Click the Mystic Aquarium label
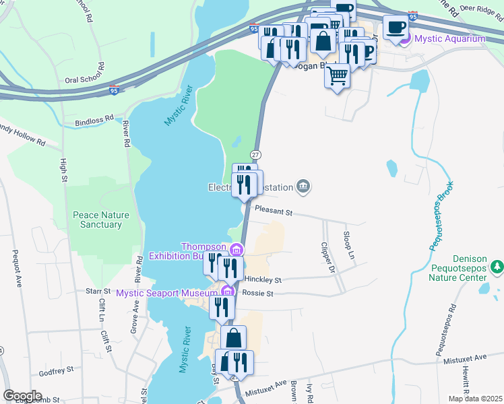click(449, 38)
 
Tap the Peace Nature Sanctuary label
click(100, 220)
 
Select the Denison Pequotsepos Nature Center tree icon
click(497, 267)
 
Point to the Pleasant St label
click(274, 212)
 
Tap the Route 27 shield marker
click(255, 155)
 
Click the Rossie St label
click(259, 294)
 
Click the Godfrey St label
click(56, 372)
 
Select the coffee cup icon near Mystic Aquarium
click(396, 27)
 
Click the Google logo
click(22, 396)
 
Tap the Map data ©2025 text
click(474, 399)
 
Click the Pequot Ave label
click(15, 267)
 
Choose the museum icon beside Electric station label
click(303, 187)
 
